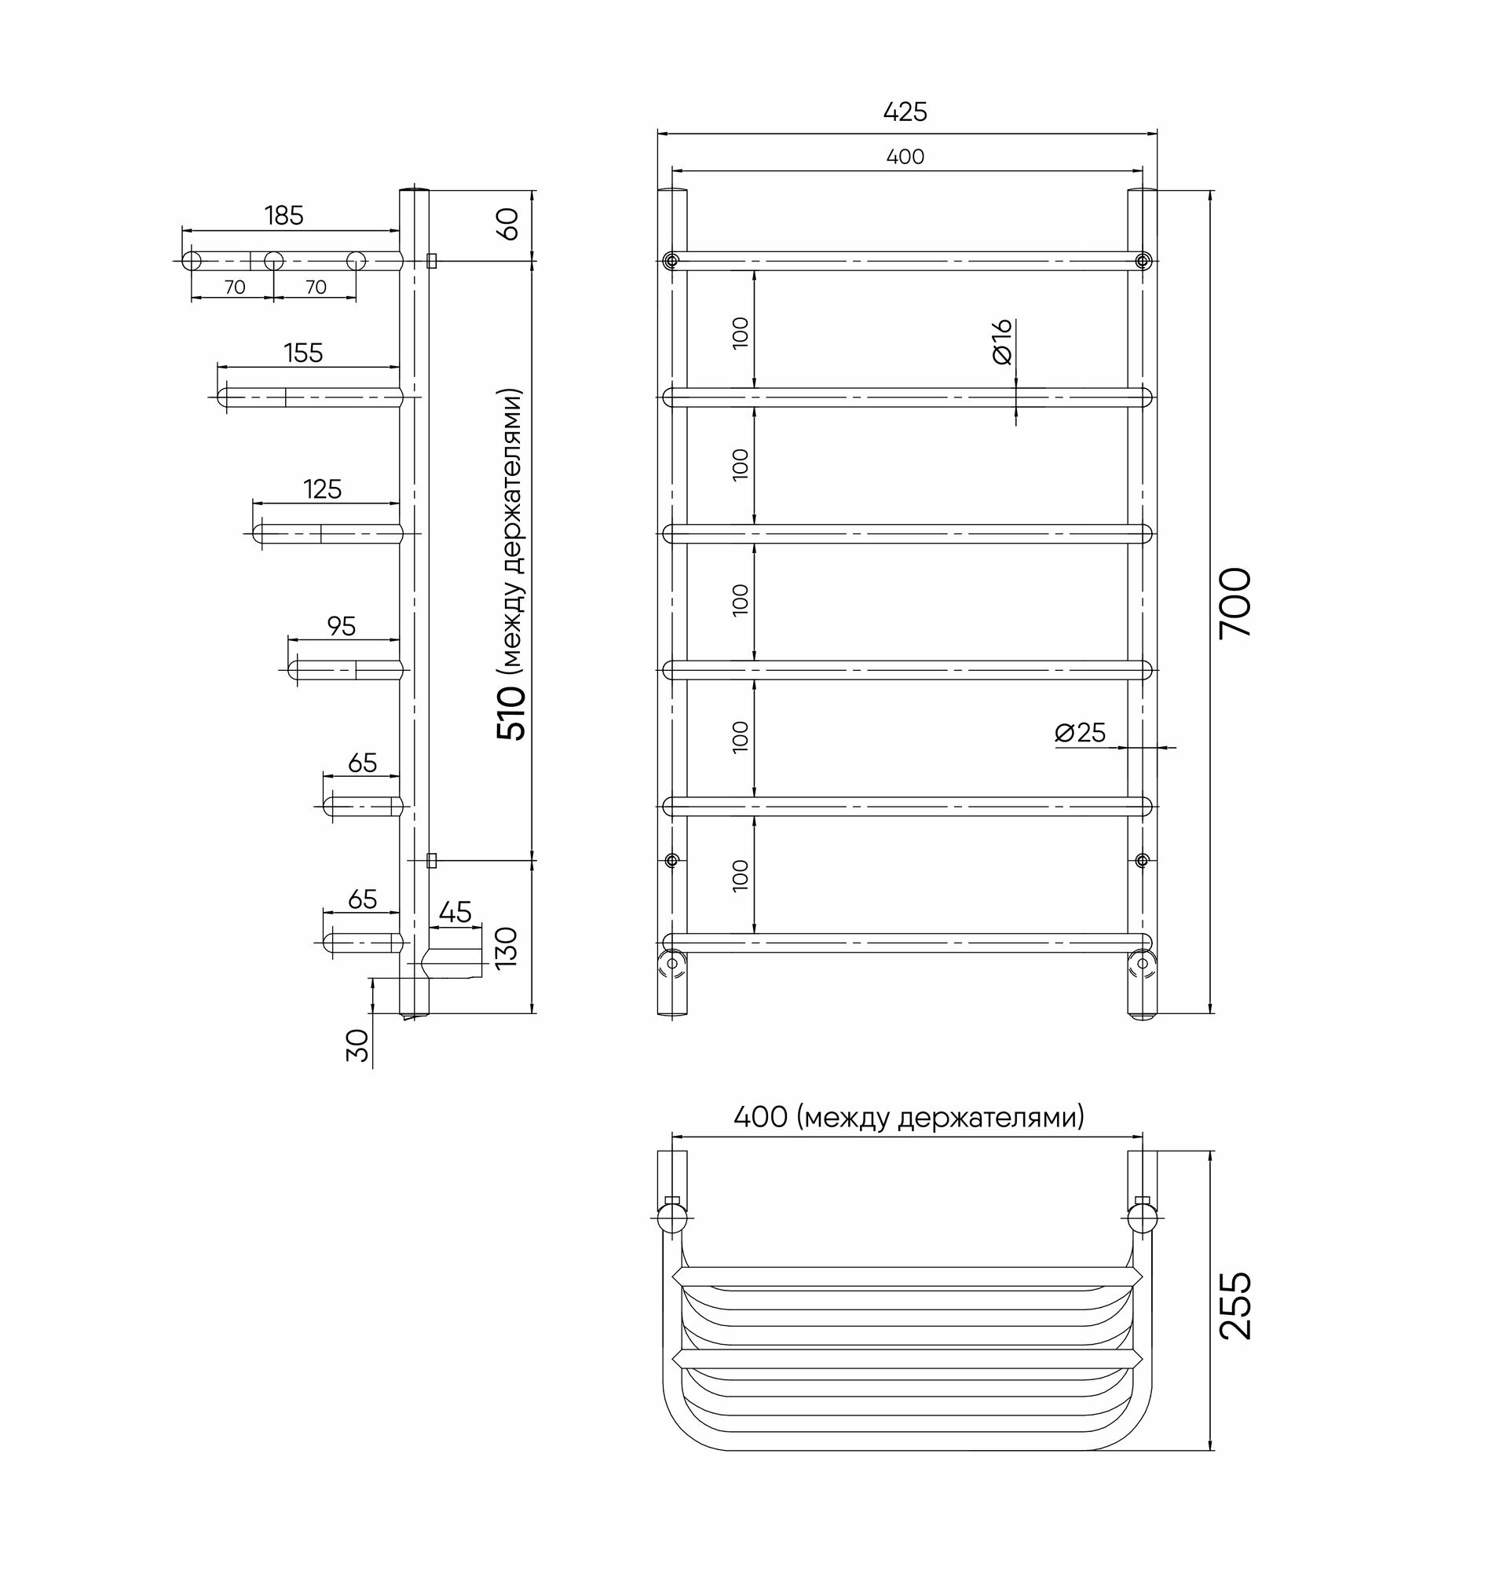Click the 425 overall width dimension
[x=905, y=112]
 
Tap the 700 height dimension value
[x=1235, y=602]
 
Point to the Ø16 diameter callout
[x=1002, y=342]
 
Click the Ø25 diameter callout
[x=1081, y=732]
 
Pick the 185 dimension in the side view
[x=285, y=215]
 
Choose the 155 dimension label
[x=303, y=353]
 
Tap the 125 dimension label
[x=322, y=489]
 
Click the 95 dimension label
[x=342, y=626]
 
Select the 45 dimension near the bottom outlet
[x=455, y=911]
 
